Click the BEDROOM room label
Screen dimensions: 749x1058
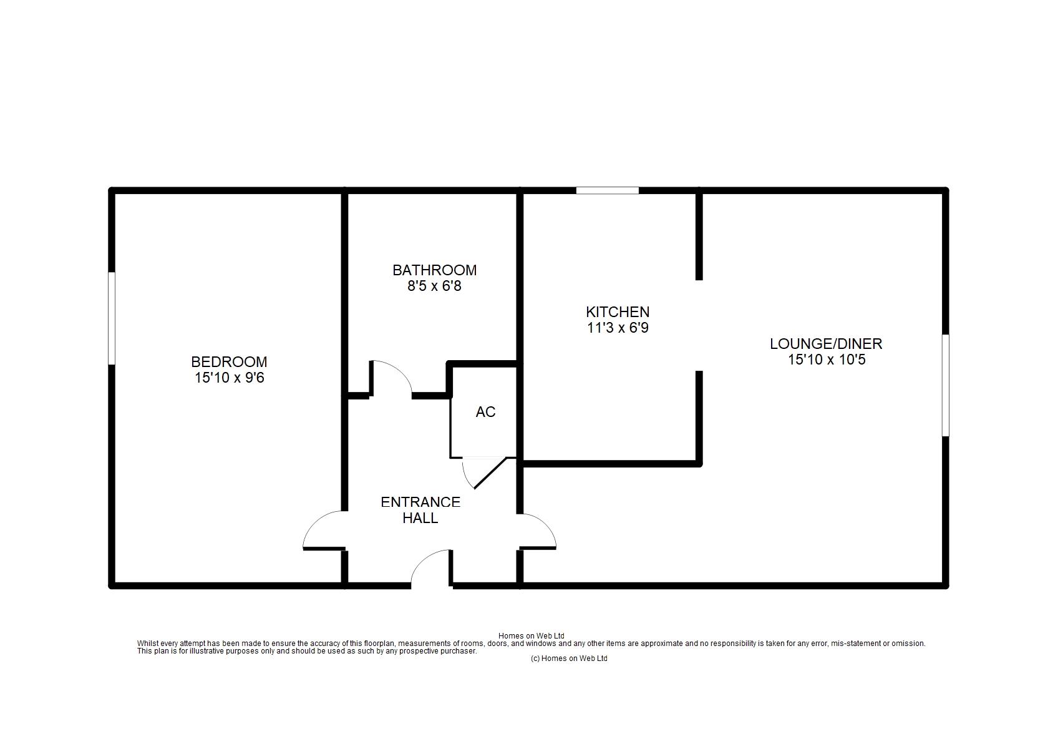[229, 361]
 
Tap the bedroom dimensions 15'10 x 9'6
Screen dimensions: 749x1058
[229, 378]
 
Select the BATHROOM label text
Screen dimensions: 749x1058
[434, 270]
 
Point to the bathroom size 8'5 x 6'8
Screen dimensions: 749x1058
[434, 286]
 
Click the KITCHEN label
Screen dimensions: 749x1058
[618, 311]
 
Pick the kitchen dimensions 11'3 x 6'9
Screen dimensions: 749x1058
[618, 328]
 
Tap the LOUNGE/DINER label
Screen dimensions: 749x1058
[826, 343]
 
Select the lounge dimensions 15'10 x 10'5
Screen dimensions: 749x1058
[826, 360]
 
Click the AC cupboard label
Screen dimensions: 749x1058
[485, 412]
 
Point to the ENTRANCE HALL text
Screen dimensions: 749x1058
[420, 510]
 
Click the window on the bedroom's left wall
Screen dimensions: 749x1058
[112, 318]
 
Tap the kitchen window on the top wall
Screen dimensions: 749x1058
[607, 190]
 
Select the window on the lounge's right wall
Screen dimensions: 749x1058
[945, 384]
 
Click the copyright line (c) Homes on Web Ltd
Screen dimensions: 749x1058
[568, 658]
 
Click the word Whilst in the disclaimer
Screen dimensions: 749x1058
[147, 644]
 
